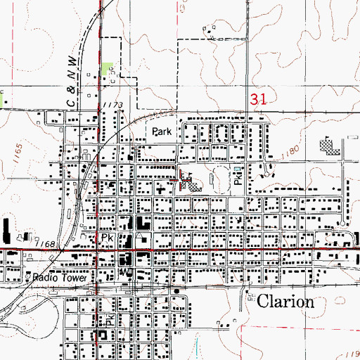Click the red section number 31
pyautogui.click(x=258, y=101)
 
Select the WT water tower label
pyautogui.click(x=127, y=270)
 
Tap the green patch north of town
pyautogui.click(x=107, y=69)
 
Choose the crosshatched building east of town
pyautogui.click(x=328, y=148)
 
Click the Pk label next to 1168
pyautogui.click(x=107, y=239)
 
